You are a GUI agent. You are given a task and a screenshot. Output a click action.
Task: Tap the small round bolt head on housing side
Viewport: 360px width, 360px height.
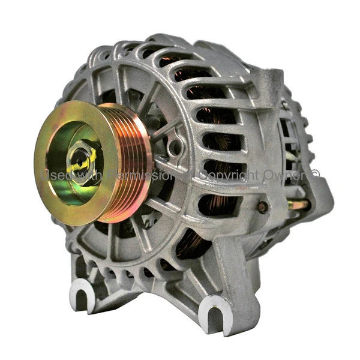262,207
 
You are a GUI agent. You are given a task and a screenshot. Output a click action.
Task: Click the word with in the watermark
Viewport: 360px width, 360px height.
88,175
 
